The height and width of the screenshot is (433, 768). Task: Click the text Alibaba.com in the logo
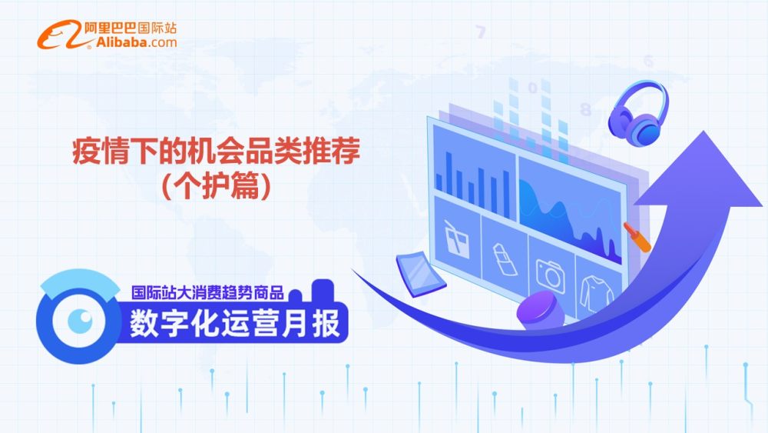136,42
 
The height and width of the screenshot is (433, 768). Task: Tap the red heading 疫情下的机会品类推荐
216,151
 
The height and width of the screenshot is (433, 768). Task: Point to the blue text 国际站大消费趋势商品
207,293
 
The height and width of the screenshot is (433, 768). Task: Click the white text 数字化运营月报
234,323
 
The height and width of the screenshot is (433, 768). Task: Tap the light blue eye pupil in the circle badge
80,321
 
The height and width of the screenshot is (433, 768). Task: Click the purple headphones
637,113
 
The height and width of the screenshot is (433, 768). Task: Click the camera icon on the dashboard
551,275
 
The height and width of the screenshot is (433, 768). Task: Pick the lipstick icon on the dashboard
505,259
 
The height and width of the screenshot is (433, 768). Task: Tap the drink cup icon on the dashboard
456,239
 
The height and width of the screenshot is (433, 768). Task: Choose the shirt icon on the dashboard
596,293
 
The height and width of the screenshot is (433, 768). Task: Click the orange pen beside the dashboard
637,238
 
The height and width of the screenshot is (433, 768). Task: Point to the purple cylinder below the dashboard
541,311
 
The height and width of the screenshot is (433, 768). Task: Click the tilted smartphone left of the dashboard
421,274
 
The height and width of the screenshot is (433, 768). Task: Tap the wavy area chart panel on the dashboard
571,211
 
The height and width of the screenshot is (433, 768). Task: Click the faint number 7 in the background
481,32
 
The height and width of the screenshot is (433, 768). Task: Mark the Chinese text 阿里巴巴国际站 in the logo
131,28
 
